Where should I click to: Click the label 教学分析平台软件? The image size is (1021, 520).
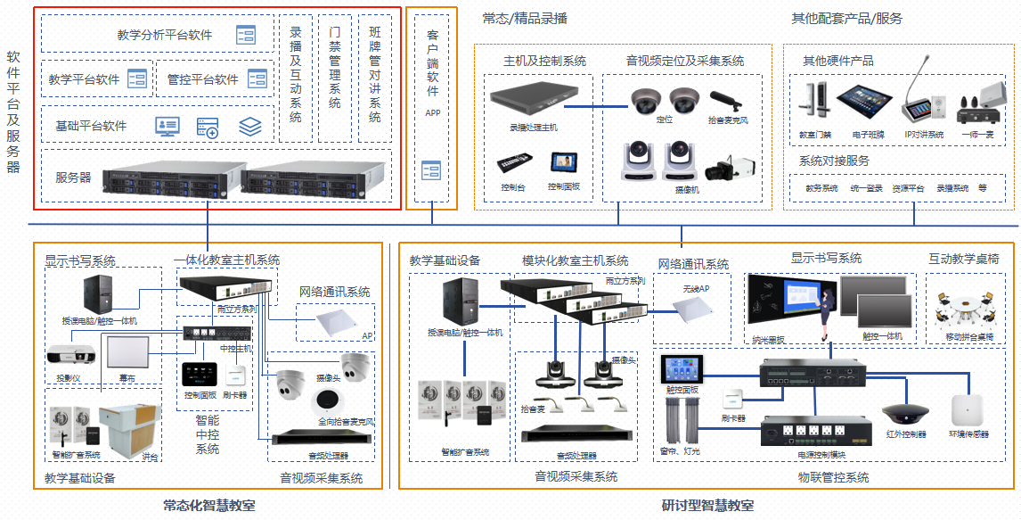point(165,35)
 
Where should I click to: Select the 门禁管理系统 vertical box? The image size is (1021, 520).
point(335,78)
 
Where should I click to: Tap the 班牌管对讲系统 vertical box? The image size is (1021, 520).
point(375,78)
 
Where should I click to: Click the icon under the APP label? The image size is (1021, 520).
point(432,170)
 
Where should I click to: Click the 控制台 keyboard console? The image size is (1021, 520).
point(515,165)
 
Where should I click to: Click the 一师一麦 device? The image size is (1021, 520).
point(981,105)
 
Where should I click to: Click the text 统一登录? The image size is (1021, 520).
point(866,189)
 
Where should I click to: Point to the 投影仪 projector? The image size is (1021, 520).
point(71,355)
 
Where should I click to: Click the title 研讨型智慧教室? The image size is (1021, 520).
point(707,506)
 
